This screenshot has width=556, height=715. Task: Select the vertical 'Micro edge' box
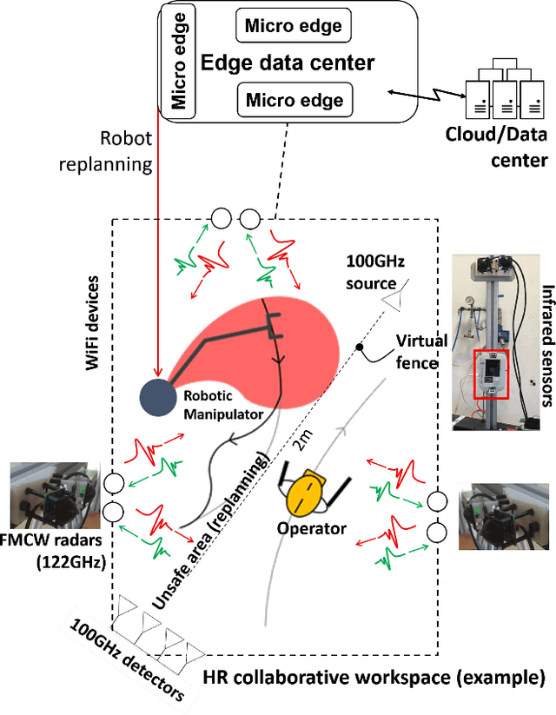pyautogui.click(x=180, y=60)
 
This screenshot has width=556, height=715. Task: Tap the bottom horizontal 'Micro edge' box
pyautogui.click(x=295, y=100)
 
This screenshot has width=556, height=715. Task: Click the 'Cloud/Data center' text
pyautogui.click(x=496, y=147)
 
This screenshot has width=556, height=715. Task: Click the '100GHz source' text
pyautogui.click(x=375, y=273)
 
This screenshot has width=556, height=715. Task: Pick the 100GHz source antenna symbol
pyautogui.click(x=395, y=299)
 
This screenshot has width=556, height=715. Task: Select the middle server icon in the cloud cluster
pyautogui.click(x=495, y=103)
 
